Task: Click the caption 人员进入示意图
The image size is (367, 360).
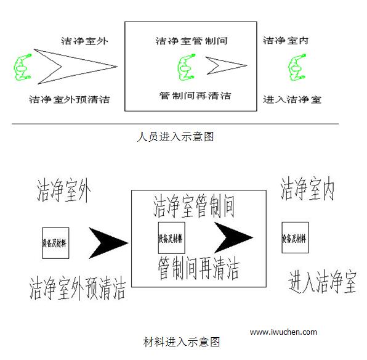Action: tap(175, 136)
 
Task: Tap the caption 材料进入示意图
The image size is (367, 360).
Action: tap(182, 342)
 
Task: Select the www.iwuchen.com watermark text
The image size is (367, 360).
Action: tap(283, 332)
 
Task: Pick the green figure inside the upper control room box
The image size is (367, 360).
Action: tap(187, 68)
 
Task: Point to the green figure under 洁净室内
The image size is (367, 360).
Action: tap(297, 68)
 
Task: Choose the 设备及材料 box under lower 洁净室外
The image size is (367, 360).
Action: tap(55, 243)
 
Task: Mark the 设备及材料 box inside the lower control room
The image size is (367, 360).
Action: tap(172, 238)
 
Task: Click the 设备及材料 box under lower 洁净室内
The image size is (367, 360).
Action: tap(295, 237)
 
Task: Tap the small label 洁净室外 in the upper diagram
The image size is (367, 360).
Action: tap(84, 41)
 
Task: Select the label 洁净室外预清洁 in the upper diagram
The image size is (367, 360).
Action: tap(70, 99)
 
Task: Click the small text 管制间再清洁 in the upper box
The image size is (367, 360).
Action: tap(195, 96)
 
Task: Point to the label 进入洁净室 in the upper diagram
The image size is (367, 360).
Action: tap(292, 99)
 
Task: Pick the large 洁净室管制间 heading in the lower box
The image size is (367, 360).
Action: tap(194, 207)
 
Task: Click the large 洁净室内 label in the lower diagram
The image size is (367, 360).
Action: tap(307, 189)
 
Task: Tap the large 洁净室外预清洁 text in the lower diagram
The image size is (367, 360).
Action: tap(78, 288)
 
